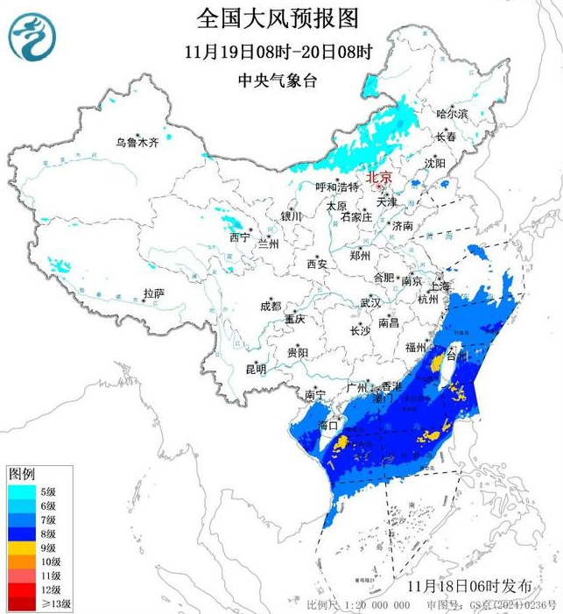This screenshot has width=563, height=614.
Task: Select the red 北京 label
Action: click(x=379, y=174)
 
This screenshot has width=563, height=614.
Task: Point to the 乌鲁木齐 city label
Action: click(x=138, y=143)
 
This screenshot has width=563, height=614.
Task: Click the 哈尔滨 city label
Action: click(x=452, y=114)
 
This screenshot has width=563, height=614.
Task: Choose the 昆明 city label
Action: click(x=256, y=369)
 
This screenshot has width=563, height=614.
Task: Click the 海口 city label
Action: click(x=328, y=426)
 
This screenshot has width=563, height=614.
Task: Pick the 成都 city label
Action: click(x=271, y=306)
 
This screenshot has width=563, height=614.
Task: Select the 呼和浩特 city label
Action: click(x=337, y=187)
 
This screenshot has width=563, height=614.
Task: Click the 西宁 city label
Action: click(x=239, y=237)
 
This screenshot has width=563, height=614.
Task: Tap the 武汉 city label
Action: click(x=370, y=303)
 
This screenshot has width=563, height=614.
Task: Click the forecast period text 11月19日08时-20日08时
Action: click(x=278, y=51)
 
